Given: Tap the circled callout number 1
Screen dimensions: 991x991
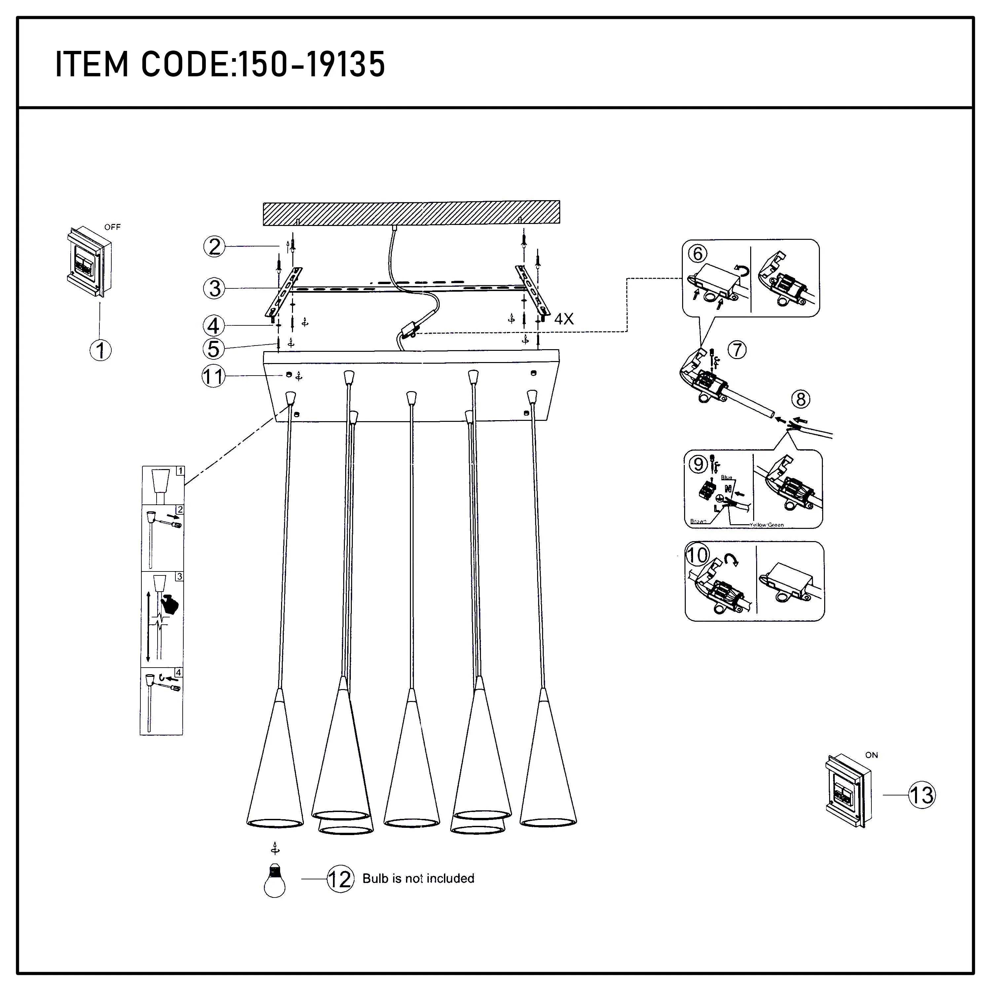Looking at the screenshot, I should pos(100,350).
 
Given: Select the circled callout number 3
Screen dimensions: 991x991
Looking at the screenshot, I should pos(214,288).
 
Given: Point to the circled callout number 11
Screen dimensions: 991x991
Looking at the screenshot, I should pos(213,377).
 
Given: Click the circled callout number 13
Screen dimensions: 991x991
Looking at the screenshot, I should pos(922,795).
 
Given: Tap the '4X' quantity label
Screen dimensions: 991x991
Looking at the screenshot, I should pos(564,319).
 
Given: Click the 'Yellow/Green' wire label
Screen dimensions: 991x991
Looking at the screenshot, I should pos(766,525).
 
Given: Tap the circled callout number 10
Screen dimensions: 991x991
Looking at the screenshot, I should pos(697,555).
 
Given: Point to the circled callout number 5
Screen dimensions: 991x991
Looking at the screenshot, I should pos(213,349).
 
